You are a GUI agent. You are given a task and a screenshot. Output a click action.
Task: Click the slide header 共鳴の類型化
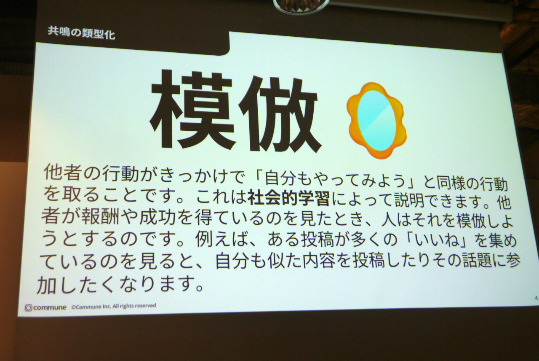(x=81, y=33)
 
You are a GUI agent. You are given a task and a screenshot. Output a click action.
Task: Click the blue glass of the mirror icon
(x=375, y=119)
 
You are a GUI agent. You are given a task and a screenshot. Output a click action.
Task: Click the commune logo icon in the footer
(x=28, y=308)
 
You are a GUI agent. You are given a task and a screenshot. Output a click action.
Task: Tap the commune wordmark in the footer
(x=50, y=307)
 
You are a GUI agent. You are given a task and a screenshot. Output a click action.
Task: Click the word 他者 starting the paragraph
(x=63, y=173)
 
